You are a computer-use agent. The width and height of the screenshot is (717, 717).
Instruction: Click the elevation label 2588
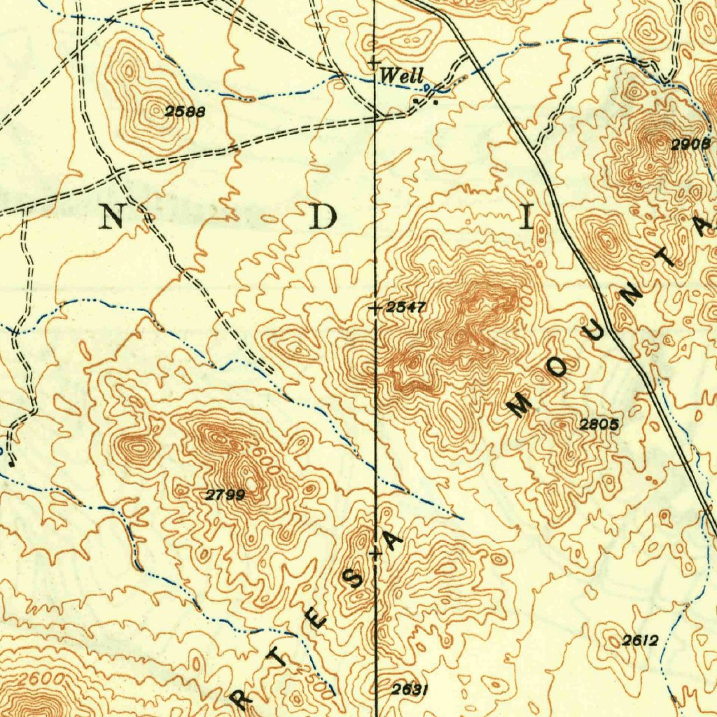[181, 111]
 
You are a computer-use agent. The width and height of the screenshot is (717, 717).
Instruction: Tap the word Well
[401, 76]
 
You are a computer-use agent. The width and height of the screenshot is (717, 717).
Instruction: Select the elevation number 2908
[690, 144]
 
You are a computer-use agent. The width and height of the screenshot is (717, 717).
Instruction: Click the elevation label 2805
[599, 424]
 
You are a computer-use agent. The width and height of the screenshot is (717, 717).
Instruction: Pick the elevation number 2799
[225, 495]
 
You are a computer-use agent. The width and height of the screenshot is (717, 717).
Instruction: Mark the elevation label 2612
[640, 640]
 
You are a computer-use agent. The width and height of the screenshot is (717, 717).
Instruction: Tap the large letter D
[323, 218]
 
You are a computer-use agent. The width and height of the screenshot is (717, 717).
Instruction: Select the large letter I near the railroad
[526, 218]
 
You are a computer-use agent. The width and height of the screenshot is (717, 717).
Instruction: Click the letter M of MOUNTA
[520, 405]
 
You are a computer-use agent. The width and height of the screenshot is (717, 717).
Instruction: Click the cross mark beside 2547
[376, 307]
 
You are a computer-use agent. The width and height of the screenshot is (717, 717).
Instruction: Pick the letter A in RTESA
[394, 540]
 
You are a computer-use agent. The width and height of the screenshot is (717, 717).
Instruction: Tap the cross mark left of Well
[375, 63]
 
